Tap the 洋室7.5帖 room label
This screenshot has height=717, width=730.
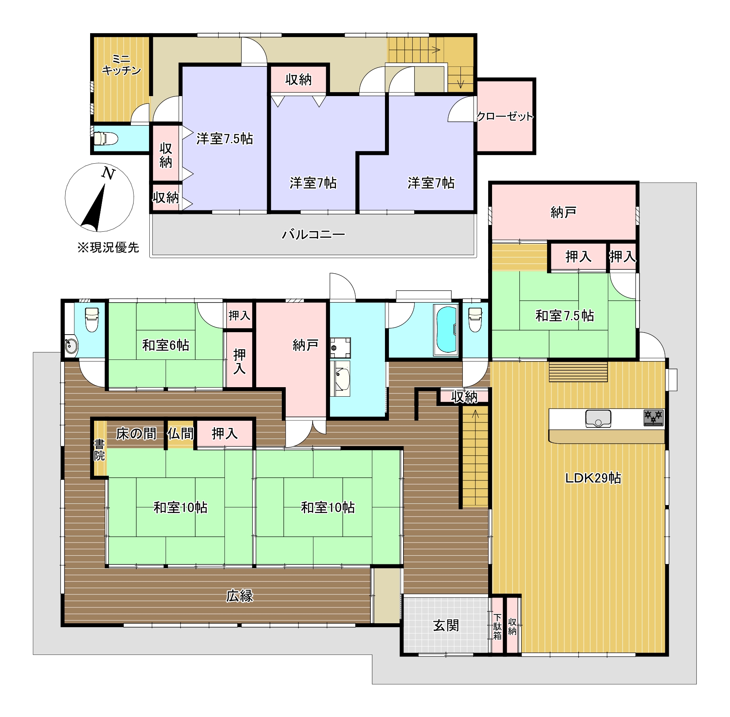point(224,139)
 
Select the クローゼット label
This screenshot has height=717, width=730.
point(505,116)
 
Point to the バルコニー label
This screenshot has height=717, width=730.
point(313,235)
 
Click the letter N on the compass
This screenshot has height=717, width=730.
point(108,174)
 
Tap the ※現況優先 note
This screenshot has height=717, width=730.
point(108,248)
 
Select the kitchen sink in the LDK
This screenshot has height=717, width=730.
point(598,419)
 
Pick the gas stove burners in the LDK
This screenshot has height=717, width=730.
point(653,418)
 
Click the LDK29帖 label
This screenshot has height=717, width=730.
point(593,478)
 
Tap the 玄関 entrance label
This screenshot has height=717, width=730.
point(446,625)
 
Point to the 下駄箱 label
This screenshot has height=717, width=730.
point(497,626)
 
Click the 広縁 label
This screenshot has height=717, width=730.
point(240,596)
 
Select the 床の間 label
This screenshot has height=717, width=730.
point(136,434)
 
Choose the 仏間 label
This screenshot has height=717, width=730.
point(180,434)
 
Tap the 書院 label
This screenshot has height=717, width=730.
point(99,450)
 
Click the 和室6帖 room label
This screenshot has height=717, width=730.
point(166,345)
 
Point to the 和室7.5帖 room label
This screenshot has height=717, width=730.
point(564,316)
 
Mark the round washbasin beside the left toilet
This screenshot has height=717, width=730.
point(72,346)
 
